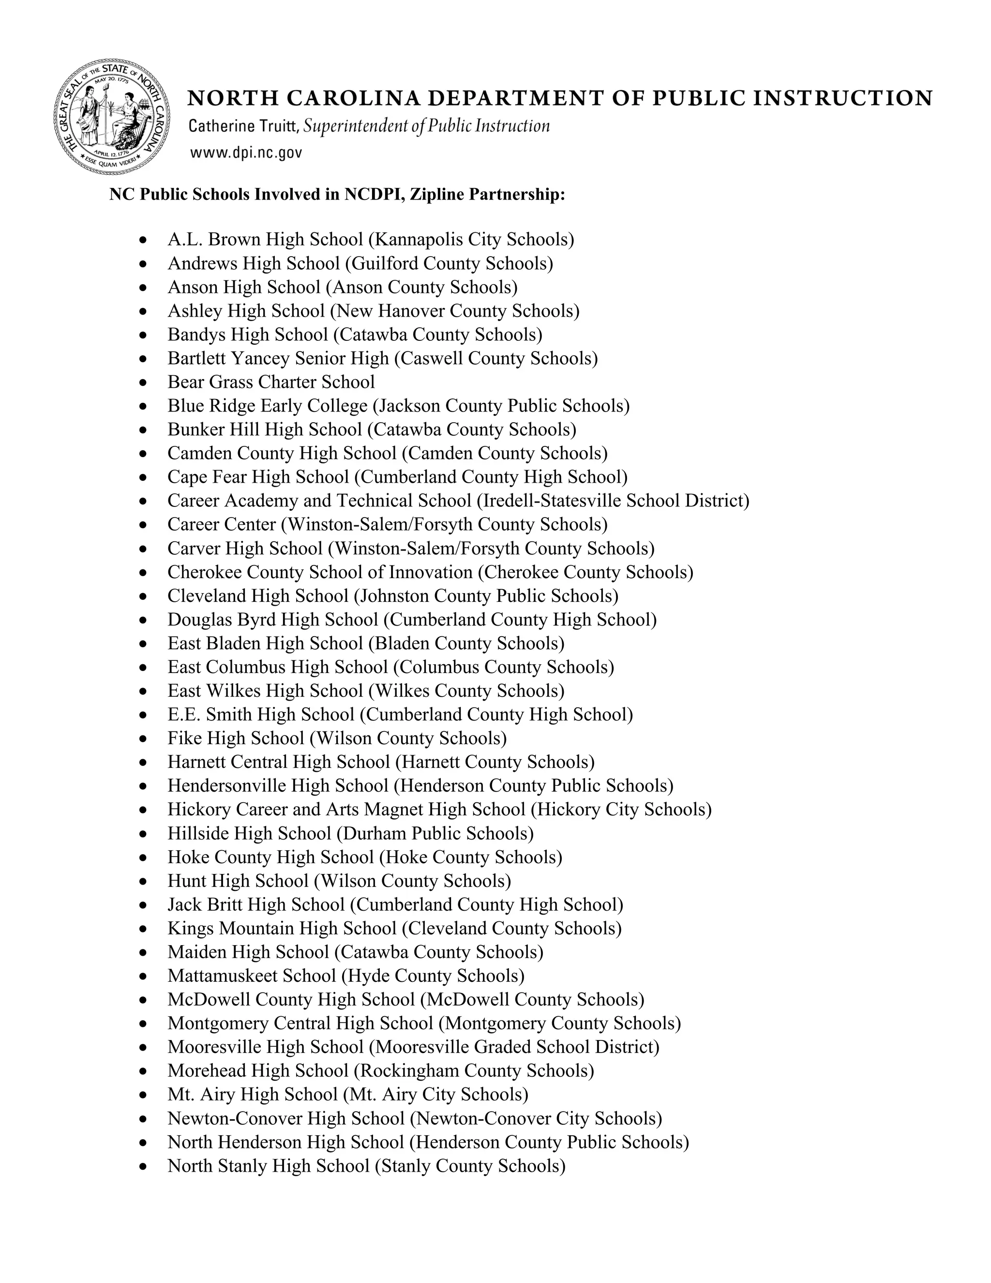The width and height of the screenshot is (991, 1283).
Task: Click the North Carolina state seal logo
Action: point(112,117)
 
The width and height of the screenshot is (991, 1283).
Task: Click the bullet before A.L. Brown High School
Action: point(143,240)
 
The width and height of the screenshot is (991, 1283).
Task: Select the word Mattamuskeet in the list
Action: point(223,976)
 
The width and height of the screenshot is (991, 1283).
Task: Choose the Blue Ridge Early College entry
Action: point(267,406)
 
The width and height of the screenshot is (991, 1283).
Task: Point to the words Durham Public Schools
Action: point(435,834)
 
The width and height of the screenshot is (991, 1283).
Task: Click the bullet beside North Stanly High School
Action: point(143,1167)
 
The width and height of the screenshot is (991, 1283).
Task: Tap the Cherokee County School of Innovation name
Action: point(319,572)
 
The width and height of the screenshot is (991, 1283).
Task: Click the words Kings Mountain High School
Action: point(282,928)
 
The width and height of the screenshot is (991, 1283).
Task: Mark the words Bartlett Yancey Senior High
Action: point(278,358)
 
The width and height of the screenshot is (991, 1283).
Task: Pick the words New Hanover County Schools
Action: point(454,311)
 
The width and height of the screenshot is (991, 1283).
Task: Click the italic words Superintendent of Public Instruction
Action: point(427,126)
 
